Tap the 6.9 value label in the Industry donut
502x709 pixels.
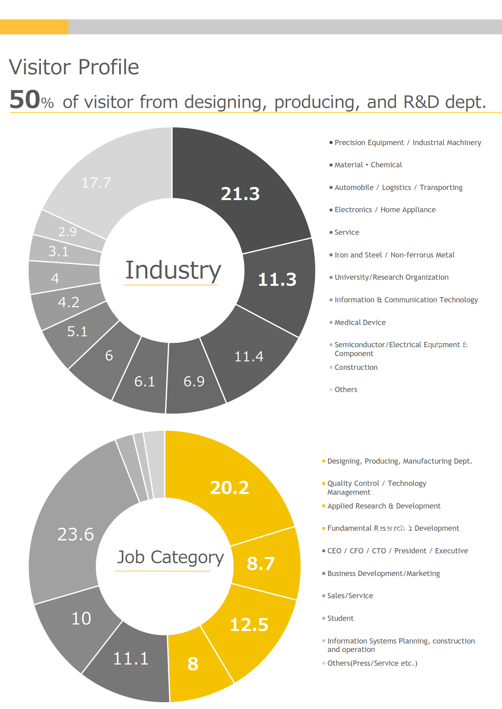[194, 381]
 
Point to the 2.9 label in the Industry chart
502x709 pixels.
[68, 232]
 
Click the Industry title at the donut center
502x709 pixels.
[173, 270]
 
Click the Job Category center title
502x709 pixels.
[170, 557]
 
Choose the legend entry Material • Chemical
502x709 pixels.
[368, 165]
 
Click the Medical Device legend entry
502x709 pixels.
[360, 323]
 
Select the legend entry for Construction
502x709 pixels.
[356, 367]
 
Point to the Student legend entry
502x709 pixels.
[340, 618]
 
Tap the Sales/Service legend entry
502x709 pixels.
[350, 596]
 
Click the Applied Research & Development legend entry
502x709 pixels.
[383, 506]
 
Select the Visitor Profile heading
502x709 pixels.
[74, 67]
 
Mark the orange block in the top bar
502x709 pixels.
[34, 27]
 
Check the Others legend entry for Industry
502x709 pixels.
[346, 390]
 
